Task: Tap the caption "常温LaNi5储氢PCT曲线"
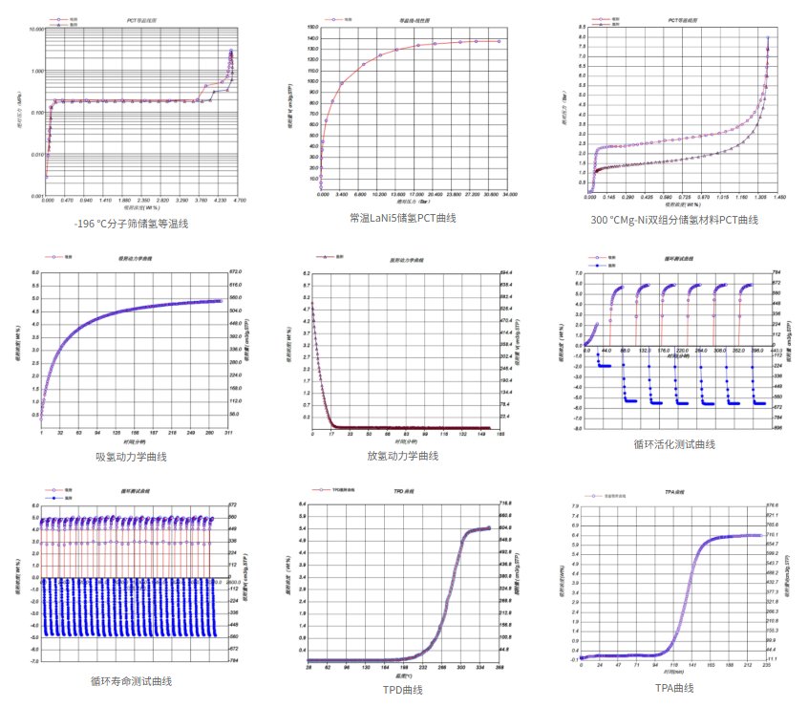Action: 402,218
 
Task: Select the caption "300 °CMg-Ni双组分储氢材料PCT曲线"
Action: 674,220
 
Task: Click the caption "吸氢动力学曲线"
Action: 133,456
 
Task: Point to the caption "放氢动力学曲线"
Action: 402,456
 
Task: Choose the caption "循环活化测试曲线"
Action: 673,444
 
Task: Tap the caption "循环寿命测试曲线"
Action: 132,680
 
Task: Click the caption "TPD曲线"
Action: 401,689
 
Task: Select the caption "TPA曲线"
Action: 673,688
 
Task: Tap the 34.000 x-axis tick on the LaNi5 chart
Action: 508,194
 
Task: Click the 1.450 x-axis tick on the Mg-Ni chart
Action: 778,196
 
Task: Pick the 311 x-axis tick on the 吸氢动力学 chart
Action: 227,433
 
